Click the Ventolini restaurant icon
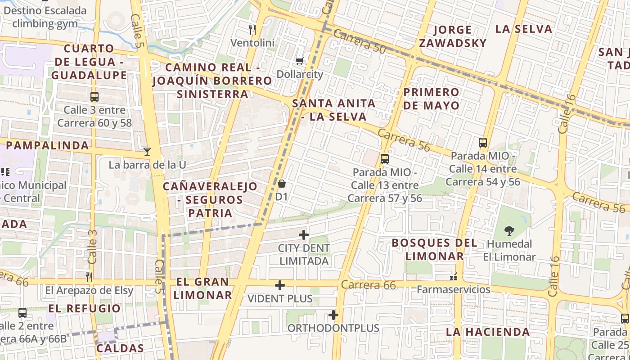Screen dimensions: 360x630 pos(252,30)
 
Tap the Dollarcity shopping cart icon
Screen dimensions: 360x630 pos(299,61)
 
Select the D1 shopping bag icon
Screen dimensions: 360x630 pos(282,184)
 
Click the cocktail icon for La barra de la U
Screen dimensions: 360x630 pos(147,151)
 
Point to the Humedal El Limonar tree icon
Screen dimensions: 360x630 pos(509,231)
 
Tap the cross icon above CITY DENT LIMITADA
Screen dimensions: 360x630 pos(304,234)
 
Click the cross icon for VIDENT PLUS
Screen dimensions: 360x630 pos(280,285)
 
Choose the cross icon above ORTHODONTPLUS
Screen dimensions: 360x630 pos(333,315)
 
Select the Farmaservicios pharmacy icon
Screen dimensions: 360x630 pos(454,276)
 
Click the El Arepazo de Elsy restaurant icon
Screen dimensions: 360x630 pos(89,277)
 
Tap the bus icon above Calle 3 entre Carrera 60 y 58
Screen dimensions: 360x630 pos(94,96)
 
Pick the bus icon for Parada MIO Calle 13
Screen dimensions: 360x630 pos(384,158)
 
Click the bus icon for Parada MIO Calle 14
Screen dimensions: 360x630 pos(483,143)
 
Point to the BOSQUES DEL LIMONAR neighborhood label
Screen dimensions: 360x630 pos(434,249)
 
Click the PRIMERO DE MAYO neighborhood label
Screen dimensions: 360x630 pos(431,99)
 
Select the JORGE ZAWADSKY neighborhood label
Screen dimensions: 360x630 pos(452,36)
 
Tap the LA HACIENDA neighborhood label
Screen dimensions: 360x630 pos(488,332)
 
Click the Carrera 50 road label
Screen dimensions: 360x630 pos(360,42)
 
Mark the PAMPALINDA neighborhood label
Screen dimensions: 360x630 pos(47,145)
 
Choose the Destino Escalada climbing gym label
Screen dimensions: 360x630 pos(45,17)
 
